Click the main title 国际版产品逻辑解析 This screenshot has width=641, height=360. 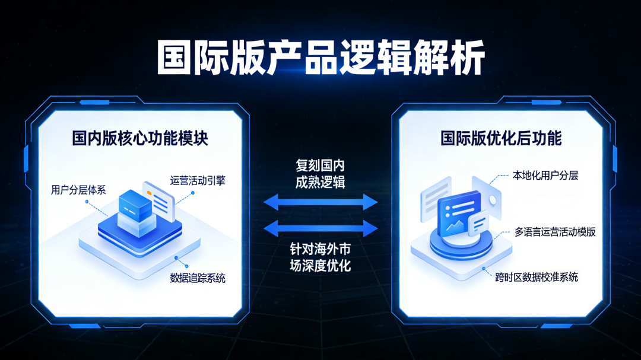pyautogui.click(x=320, y=58)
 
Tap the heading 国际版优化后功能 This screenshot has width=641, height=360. pyautogui.click(x=501, y=139)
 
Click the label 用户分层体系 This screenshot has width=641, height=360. pyautogui.click(x=78, y=190)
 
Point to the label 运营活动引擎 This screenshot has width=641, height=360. pyautogui.click(x=198, y=181)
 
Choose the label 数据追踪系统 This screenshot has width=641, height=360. pyautogui.click(x=198, y=278)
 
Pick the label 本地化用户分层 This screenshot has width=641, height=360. pyautogui.click(x=545, y=176)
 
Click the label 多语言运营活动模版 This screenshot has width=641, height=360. pyautogui.click(x=555, y=232)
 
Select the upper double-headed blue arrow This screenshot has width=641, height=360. pyautogui.click(x=320, y=202)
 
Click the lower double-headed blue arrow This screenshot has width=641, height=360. pyautogui.click(x=320, y=228)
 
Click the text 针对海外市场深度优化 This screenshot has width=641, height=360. pyautogui.click(x=320, y=257)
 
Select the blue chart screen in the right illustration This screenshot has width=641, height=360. pyautogui.click(x=458, y=214)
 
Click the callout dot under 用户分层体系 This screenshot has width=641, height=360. pyautogui.click(x=87, y=202)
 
